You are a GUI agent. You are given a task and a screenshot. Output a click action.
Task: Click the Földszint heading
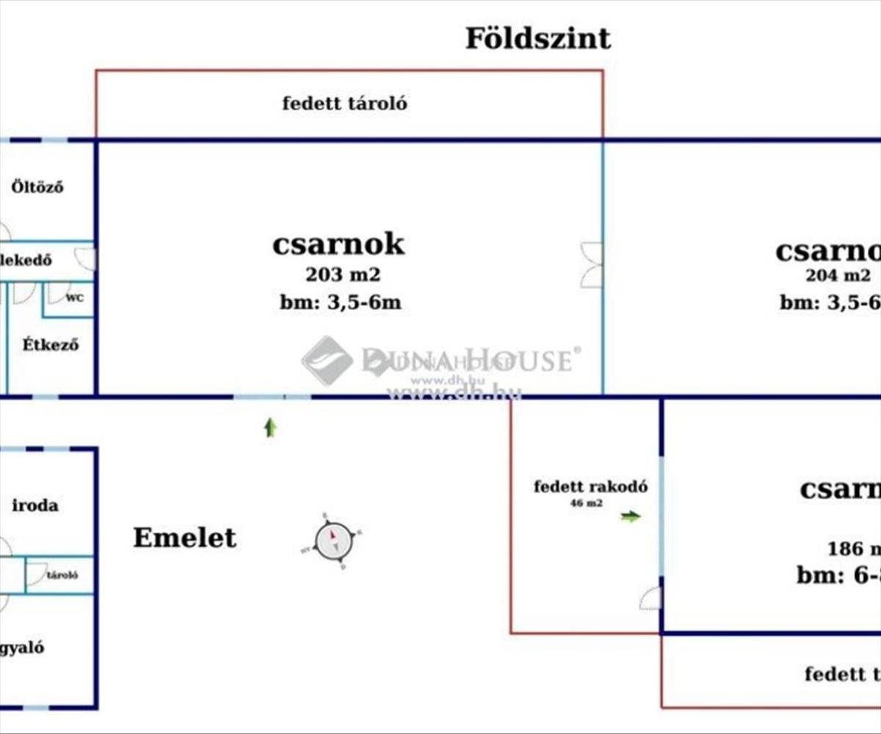[x=537, y=38]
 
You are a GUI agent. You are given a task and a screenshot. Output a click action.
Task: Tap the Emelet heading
[x=184, y=538]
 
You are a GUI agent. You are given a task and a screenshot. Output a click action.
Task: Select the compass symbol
[x=333, y=541]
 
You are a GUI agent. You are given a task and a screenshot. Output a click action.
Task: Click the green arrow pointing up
[x=270, y=427]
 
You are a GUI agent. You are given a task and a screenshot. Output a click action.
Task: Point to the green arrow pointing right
[x=630, y=517]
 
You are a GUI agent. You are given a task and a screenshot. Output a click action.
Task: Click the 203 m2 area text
[x=344, y=275]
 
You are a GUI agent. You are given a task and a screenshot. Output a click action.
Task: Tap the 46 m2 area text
[x=586, y=504]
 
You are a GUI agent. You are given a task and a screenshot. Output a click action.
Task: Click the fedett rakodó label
[x=590, y=487]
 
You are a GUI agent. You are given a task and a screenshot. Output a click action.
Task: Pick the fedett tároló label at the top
[x=344, y=103]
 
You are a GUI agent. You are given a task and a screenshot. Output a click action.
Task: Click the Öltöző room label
[x=37, y=187]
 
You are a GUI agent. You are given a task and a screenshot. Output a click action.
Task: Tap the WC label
[x=74, y=299]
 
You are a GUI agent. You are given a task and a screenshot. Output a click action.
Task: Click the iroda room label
[x=35, y=506]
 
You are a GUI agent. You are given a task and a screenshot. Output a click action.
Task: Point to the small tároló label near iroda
[x=62, y=575]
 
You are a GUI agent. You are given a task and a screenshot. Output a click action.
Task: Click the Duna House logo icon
[x=327, y=360]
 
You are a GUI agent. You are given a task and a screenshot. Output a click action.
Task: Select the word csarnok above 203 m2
[x=338, y=244]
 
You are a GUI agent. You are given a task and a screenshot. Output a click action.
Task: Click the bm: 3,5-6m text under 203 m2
[x=340, y=302]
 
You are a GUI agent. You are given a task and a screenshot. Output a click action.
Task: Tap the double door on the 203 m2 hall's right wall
[x=592, y=265]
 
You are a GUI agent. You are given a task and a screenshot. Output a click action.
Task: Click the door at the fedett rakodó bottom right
[x=650, y=599]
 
